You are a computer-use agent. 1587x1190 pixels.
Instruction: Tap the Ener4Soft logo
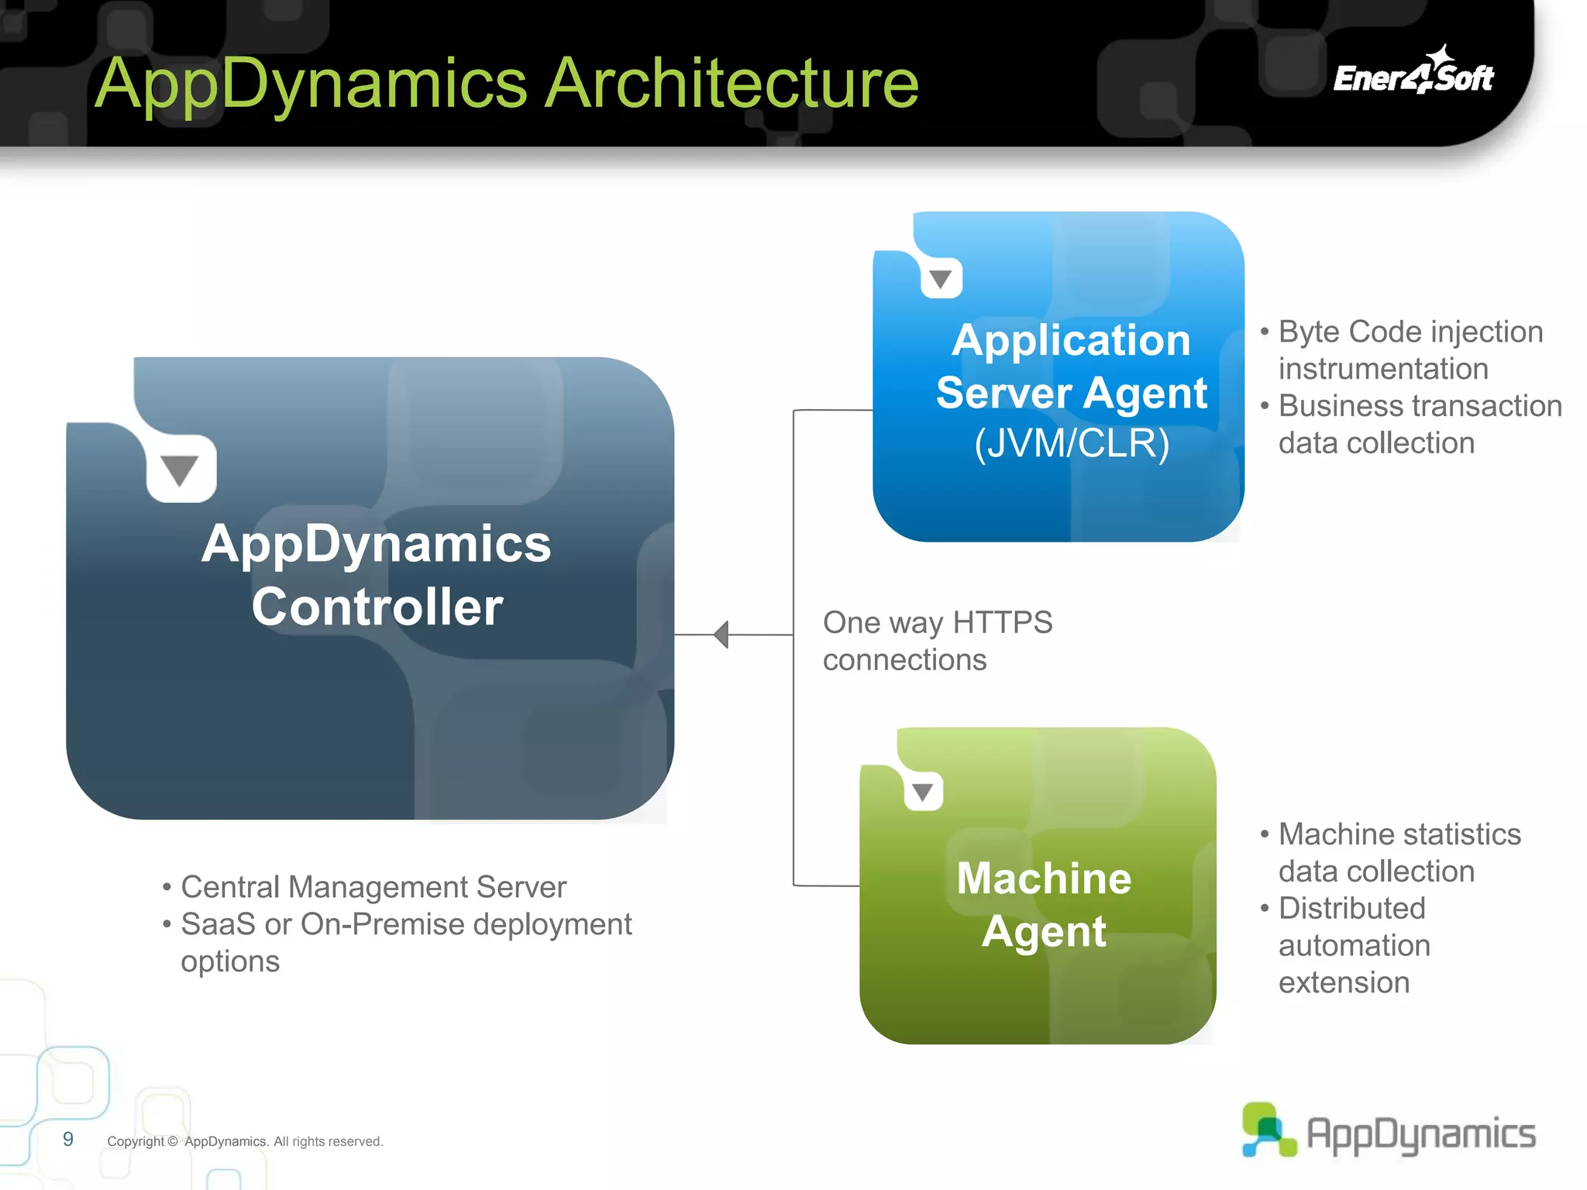(1413, 74)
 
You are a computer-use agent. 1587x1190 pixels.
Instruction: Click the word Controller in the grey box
(377, 607)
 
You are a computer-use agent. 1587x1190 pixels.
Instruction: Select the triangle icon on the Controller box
(180, 470)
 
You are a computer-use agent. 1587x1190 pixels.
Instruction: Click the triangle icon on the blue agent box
(941, 279)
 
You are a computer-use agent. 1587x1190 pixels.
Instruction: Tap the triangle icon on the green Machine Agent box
(922, 792)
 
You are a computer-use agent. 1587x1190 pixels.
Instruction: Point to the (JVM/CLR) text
(1071, 444)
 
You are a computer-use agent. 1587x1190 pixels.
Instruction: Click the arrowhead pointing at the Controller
(721, 635)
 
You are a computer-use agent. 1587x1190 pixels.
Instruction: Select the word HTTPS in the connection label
(1002, 623)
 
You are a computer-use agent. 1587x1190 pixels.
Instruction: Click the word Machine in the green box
(1044, 879)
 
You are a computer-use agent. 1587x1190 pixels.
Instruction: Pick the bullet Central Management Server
(373, 887)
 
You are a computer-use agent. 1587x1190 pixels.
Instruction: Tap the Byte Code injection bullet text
(1410, 332)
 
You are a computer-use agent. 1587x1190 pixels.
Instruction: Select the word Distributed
(1351, 908)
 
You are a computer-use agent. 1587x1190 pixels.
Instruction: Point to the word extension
(1344, 982)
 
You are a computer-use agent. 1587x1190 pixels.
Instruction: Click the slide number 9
(68, 1139)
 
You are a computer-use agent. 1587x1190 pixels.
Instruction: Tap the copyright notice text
(245, 1141)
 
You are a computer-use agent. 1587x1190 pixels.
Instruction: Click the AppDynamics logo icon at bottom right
(1267, 1130)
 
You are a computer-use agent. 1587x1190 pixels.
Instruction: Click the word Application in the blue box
(1071, 340)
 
